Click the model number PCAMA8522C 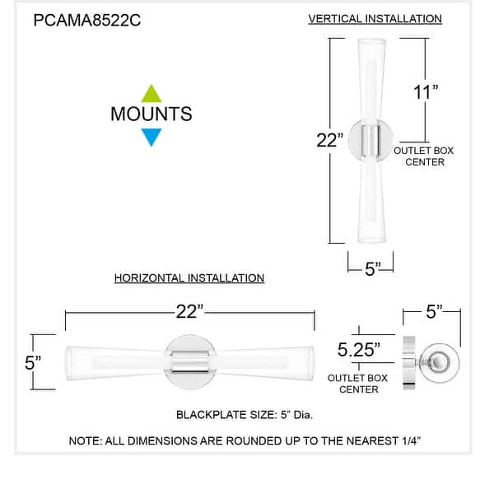coord(86,21)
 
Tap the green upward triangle coord(151,93)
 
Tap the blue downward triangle coord(151,137)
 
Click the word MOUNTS coord(151,114)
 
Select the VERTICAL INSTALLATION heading coord(375,18)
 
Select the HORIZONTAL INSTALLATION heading coord(189,278)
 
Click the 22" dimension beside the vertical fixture coord(329,141)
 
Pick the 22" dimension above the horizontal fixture coord(189,312)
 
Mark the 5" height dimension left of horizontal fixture coord(32,361)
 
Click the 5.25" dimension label coord(359,350)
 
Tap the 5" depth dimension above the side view coord(434,311)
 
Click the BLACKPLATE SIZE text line coord(245,413)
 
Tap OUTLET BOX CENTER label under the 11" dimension coord(423,156)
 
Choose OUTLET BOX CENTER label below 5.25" coord(358,383)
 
